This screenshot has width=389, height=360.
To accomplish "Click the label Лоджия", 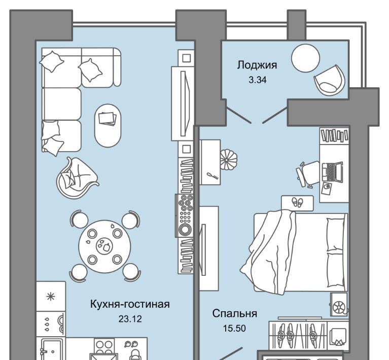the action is [257, 65].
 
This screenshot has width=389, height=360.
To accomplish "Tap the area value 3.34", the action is [258, 80].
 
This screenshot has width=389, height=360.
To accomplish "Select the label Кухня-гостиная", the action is [130, 304].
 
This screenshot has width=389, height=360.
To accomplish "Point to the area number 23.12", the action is [130, 319].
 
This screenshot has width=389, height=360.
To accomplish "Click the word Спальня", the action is [234, 313].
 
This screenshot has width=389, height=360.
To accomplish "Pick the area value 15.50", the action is [234, 328].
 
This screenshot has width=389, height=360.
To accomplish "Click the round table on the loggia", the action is [305, 58].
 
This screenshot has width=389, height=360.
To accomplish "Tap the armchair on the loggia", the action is [330, 80].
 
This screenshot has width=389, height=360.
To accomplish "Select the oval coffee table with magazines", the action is [108, 126].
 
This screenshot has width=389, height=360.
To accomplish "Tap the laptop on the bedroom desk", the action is [332, 172].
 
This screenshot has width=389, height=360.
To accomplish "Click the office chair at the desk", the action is [308, 173].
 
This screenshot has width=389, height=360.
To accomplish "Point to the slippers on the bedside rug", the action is [297, 202].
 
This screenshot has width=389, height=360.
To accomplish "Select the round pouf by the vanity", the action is [229, 159].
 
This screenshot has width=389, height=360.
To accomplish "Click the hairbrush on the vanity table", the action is [214, 176].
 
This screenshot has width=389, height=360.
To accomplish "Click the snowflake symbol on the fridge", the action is [51, 297].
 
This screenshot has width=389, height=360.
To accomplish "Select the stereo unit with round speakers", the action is [185, 215].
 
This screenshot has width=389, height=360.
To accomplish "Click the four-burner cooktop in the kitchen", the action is [104, 346].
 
